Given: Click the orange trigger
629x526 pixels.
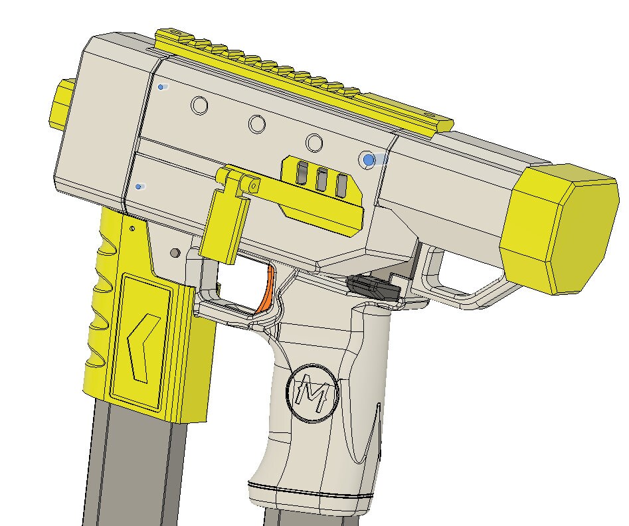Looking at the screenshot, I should (266, 290).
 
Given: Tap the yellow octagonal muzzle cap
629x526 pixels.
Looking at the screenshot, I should (561, 226).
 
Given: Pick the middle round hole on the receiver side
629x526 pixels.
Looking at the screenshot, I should (257, 124).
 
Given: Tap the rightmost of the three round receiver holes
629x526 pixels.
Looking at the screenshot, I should (314, 142).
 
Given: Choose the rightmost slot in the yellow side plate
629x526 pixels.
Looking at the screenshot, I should (342, 185).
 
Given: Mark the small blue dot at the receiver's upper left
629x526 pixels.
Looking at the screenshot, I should (161, 87).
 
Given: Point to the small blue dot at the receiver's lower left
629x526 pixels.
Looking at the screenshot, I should (138, 187).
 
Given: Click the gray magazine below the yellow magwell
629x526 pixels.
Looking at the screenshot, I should (133, 465).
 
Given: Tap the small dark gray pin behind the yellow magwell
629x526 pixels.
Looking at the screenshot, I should (175, 253).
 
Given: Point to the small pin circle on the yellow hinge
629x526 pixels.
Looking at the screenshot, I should (253, 187).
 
